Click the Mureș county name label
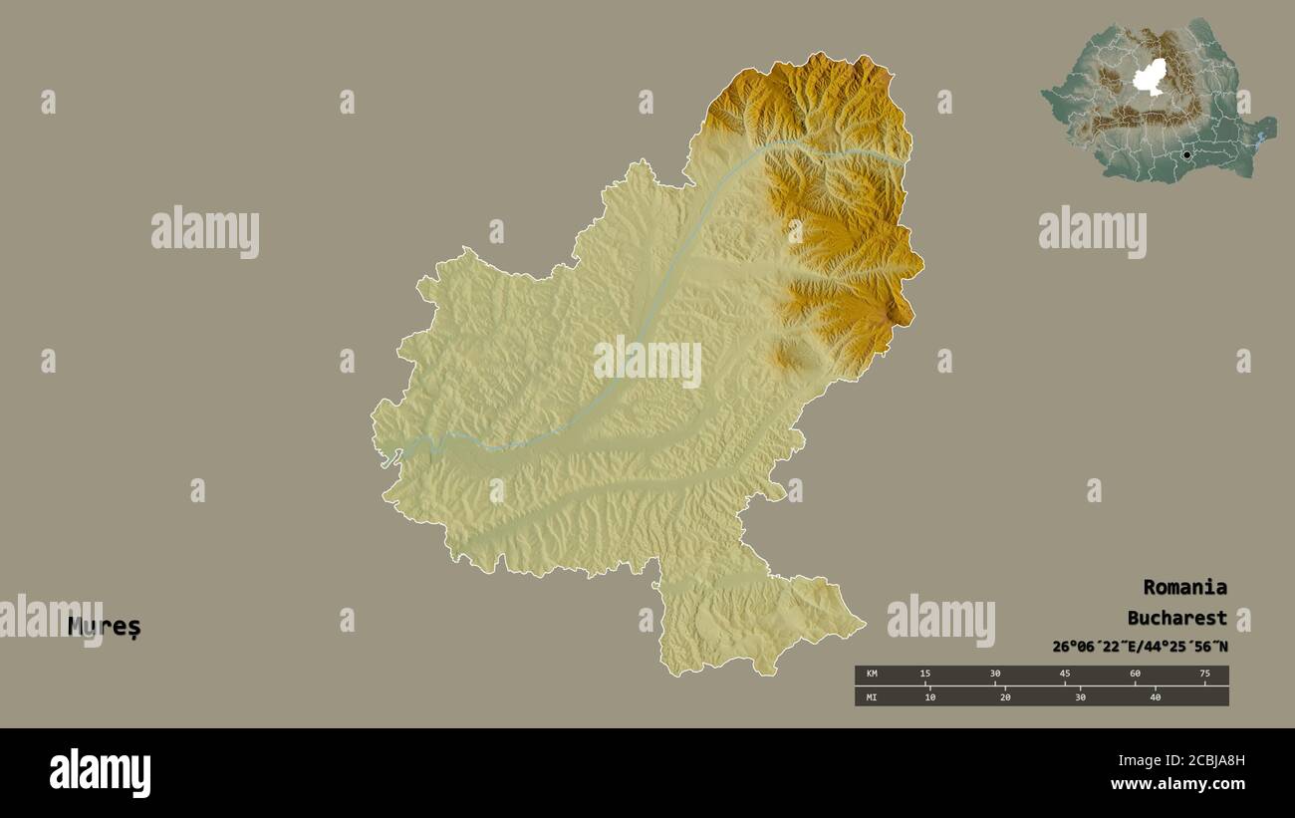tap(105, 627)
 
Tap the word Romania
tap(1184, 587)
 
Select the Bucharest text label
tap(1176, 618)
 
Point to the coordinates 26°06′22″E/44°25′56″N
tap(1140, 647)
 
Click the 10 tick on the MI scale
tap(929, 696)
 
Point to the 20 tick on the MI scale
tap(1005, 696)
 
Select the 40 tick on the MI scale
tap(1156, 696)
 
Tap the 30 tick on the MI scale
tap(1080, 696)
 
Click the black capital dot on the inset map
tap(1186, 154)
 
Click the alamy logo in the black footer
tap(100, 773)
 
